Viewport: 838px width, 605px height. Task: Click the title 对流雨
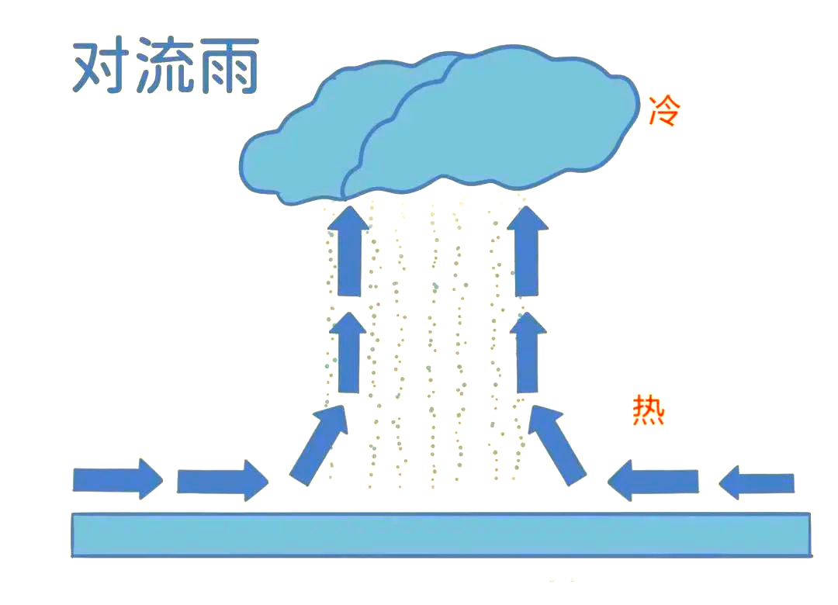165,68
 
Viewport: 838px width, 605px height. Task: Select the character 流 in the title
165,68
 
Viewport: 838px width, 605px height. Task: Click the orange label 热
648,409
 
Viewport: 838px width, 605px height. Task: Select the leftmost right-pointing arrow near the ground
117,479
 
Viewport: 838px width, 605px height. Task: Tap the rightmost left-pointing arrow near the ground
757,482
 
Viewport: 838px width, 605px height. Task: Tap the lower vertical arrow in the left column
349,353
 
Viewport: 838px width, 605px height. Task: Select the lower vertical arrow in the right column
527,353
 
